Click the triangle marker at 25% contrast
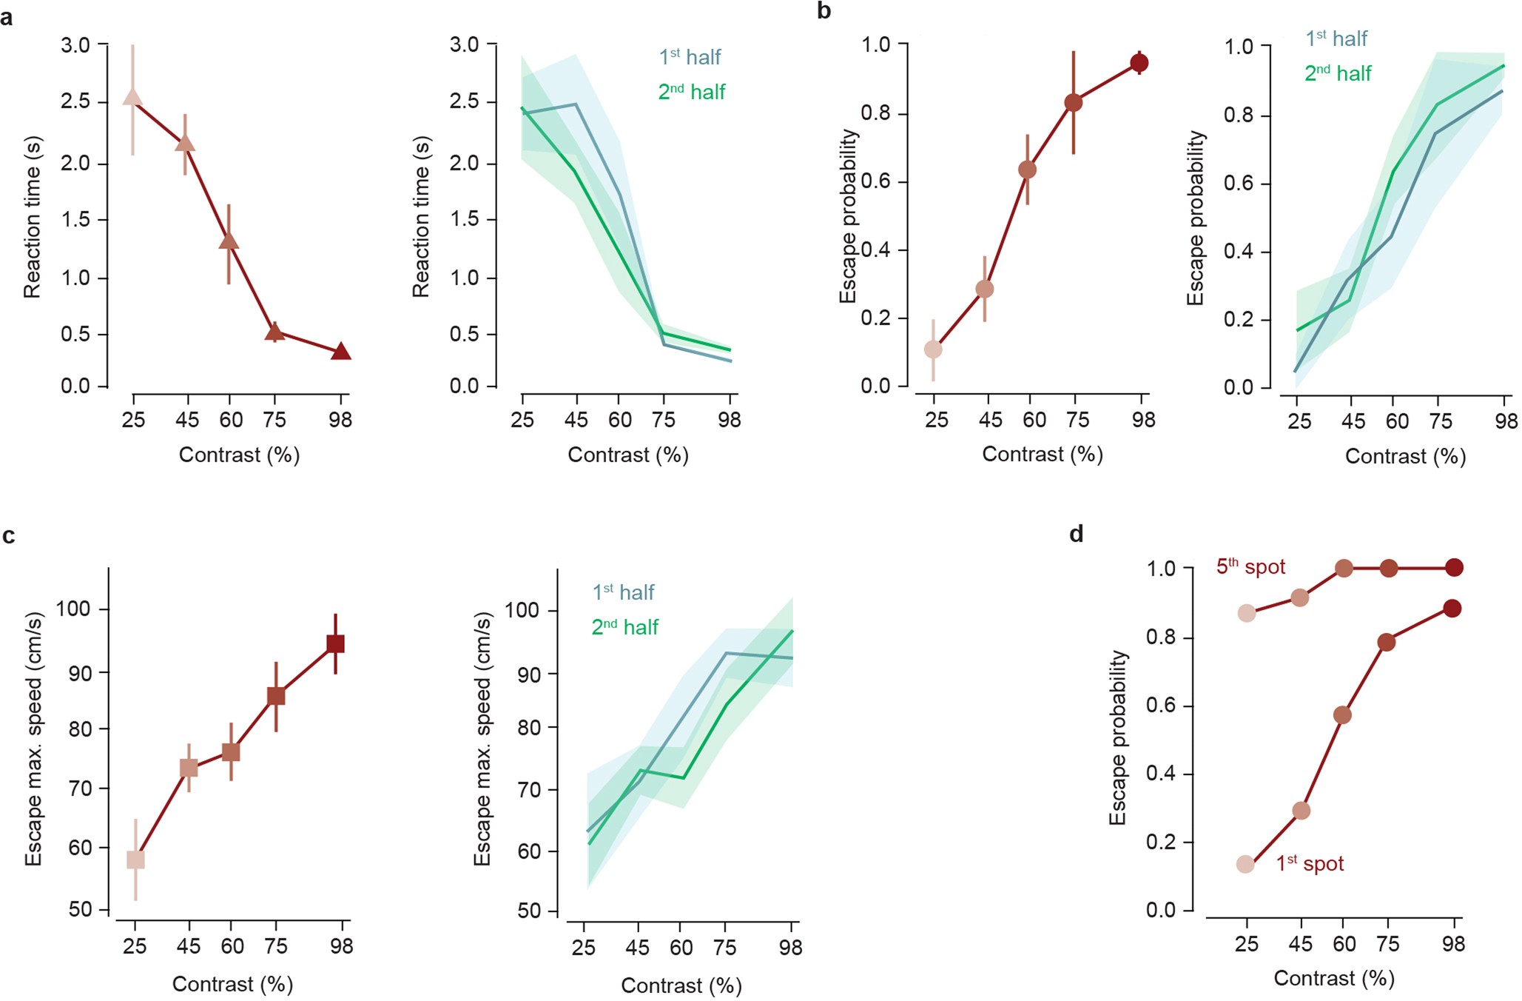132,98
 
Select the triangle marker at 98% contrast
340,352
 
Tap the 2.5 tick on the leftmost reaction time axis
75,101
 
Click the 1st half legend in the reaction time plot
690,57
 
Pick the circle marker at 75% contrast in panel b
1074,103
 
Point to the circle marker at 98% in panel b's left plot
1139,64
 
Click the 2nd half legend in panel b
1338,73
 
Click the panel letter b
824,12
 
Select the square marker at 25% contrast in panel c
135,860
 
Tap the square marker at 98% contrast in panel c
335,644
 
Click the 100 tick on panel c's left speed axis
73,609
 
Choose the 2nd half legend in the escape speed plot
624,627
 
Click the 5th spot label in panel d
1250,567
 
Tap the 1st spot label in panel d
1310,863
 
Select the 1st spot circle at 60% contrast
1342,715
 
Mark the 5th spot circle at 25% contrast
1247,613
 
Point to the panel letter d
1077,534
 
